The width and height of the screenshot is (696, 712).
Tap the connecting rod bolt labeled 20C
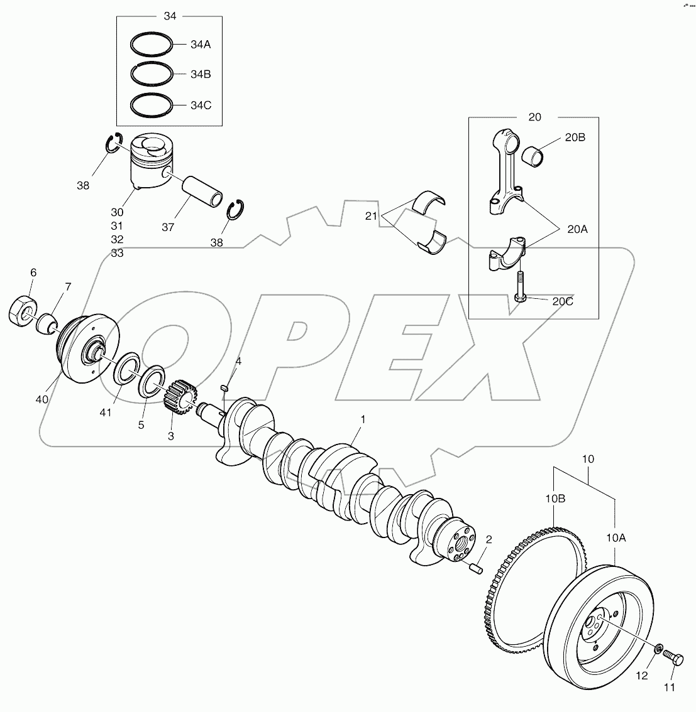coord(521,288)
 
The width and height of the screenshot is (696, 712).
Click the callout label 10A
coord(617,537)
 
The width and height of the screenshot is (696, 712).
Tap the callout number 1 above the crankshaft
coord(362,418)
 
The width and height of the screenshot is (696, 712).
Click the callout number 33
coord(117,253)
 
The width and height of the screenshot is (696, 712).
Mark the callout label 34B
coord(201,75)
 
